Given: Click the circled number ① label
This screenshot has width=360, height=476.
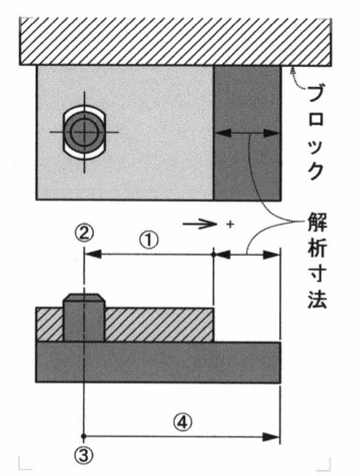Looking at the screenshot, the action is pyautogui.click(x=149, y=240).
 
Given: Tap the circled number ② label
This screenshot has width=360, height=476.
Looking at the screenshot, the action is pyautogui.click(x=84, y=233).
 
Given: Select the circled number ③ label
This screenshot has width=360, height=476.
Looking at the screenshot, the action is pyautogui.click(x=84, y=456).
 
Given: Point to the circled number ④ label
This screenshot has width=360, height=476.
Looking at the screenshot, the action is pyautogui.click(x=183, y=422).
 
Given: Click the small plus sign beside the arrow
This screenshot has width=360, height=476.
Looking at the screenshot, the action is pyautogui.click(x=230, y=225).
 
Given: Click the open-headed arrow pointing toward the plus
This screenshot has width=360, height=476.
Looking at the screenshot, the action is pyautogui.click(x=200, y=225).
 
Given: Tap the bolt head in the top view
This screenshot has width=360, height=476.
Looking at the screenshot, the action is pyautogui.click(x=84, y=132).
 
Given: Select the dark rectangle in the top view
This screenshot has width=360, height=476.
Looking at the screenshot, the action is pyautogui.click(x=247, y=133).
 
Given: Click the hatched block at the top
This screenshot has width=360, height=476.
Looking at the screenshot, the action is pyautogui.click(x=175, y=42).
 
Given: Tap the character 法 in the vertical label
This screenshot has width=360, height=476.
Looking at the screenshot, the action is pyautogui.click(x=317, y=298).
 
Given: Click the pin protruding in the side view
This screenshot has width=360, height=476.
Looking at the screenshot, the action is pyautogui.click(x=84, y=318).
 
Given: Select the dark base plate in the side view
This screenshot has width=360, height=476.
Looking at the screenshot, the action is pyautogui.click(x=158, y=362).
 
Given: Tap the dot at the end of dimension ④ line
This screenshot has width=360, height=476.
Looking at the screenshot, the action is pyautogui.click(x=84, y=436).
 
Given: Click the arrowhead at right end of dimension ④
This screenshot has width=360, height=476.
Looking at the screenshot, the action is pyautogui.click(x=270, y=437).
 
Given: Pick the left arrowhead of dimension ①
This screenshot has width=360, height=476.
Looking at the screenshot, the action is pyautogui.click(x=93, y=254).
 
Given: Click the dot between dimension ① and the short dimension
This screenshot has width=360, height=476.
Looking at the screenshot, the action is pyautogui.click(x=214, y=254).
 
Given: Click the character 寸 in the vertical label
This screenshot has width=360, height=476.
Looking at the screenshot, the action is pyautogui.click(x=317, y=275).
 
